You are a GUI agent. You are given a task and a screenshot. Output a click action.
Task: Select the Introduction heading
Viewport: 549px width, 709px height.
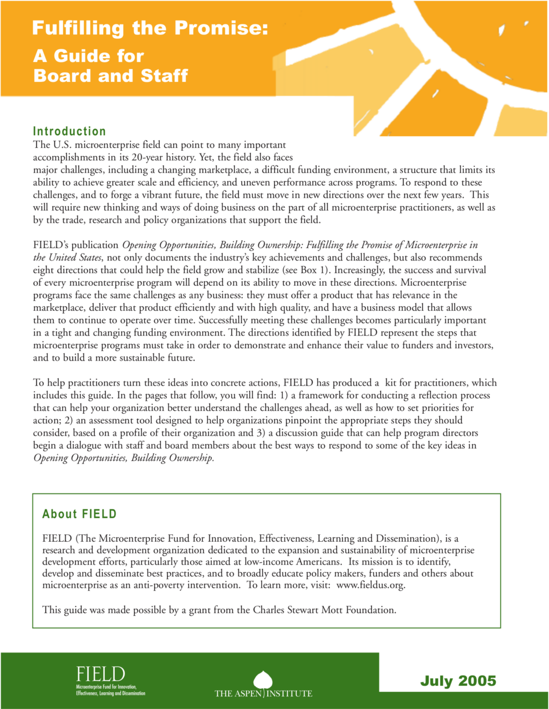(69, 131)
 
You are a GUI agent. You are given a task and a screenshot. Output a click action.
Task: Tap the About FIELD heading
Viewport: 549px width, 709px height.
(79, 514)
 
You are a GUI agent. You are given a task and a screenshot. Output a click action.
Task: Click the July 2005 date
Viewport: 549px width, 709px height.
(458, 681)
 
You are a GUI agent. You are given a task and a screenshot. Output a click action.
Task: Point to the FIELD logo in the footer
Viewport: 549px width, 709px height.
(100, 675)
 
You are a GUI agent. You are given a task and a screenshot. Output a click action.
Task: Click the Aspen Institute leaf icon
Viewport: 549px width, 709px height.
(263, 680)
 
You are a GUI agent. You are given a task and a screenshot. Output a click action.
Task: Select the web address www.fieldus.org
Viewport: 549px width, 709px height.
(370, 585)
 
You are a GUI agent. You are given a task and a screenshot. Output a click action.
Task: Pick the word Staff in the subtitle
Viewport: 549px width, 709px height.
(164, 75)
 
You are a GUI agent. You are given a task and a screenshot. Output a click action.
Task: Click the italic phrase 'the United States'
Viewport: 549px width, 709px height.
(67, 258)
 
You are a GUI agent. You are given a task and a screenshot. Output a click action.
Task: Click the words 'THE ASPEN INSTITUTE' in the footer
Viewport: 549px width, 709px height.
(263, 693)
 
